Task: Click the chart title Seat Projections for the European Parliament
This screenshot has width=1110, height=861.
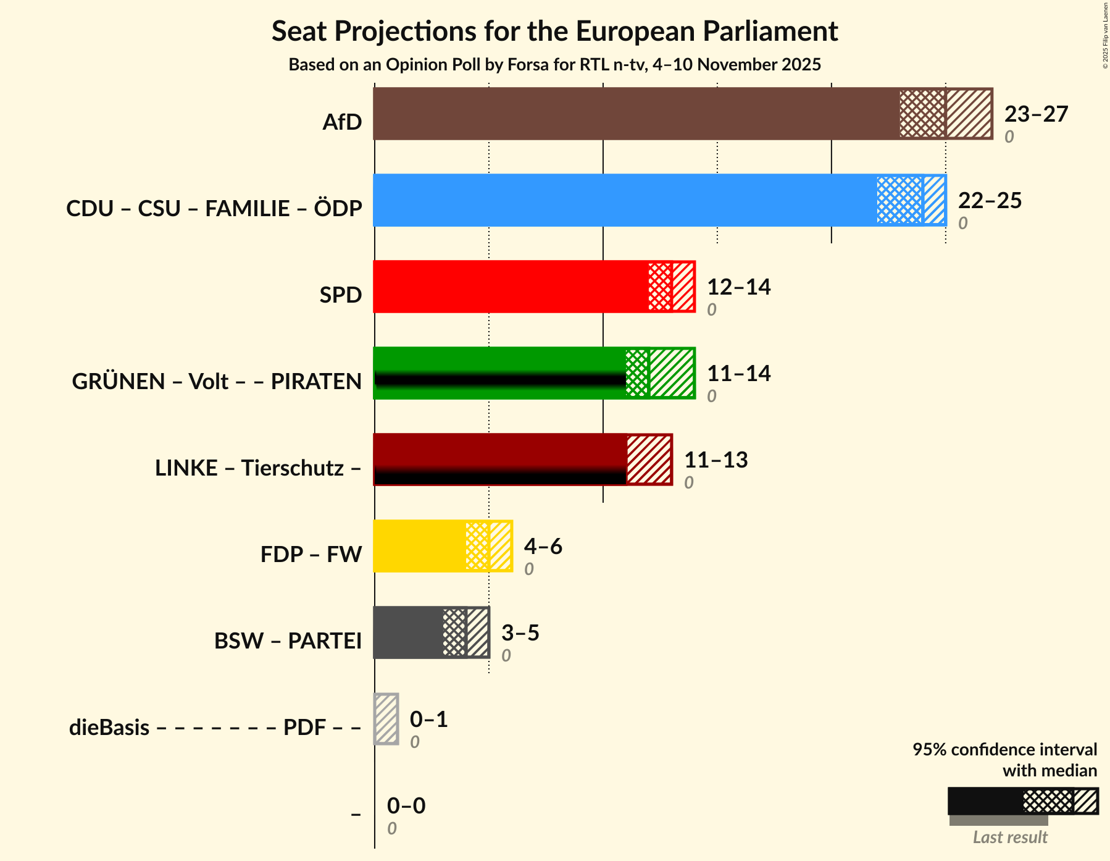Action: coord(554,31)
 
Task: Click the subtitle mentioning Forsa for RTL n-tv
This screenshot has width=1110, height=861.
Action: coord(554,65)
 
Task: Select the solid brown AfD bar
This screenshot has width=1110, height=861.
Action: coord(636,114)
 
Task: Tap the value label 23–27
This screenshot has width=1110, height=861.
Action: coord(1036,114)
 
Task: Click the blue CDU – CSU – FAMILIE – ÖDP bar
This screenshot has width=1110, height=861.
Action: coord(624,200)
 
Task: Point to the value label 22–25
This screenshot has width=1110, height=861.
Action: coord(990,201)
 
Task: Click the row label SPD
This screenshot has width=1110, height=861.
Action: coord(340,295)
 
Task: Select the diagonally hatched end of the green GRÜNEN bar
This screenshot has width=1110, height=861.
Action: coord(672,373)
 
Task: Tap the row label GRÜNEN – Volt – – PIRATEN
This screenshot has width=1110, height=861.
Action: coord(217,382)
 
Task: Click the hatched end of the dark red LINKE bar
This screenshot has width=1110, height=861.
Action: coord(649,460)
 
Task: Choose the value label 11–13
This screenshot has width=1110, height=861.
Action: coord(716,460)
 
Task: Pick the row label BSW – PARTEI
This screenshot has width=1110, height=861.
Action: coord(288,641)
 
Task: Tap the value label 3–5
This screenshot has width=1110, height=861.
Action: coord(520,633)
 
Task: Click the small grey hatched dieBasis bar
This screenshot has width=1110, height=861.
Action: coord(386,719)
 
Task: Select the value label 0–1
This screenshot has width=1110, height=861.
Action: coord(428,720)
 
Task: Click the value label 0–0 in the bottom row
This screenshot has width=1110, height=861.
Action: coord(406,806)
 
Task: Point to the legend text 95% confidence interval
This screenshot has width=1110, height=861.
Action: coord(1004,750)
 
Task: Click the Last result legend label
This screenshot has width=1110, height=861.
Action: coord(1010,838)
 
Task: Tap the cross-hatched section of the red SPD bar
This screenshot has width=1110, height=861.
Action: coord(659,287)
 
